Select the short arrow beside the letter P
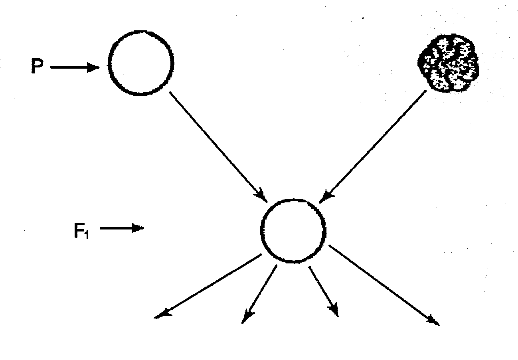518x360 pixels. (x=74, y=68)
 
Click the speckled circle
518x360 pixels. (x=448, y=62)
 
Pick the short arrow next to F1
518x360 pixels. (x=121, y=229)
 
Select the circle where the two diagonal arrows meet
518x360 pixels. (x=293, y=230)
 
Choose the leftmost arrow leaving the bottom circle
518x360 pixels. (x=208, y=286)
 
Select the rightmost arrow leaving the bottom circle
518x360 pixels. (x=383, y=284)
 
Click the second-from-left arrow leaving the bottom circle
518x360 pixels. (x=259, y=294)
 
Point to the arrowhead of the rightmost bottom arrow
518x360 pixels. (x=433, y=320)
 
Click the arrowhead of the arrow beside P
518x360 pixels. (x=94, y=68)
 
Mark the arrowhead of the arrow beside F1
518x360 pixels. (x=138, y=229)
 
